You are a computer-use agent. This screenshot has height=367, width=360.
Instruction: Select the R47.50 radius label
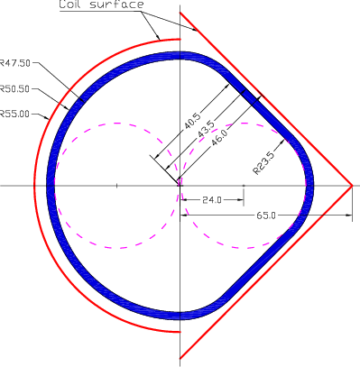coord(15,63)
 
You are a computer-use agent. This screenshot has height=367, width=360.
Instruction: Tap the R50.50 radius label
coord(15,88)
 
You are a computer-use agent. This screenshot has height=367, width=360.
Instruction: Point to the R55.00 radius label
coord(15,114)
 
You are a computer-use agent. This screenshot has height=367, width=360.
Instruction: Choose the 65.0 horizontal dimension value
coord(265,216)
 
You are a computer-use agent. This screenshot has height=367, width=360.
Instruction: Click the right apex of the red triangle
coord(352,187)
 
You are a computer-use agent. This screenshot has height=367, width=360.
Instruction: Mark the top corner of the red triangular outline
coord(180,13)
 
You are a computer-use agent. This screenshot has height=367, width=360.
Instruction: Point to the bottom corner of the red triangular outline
coord(180,360)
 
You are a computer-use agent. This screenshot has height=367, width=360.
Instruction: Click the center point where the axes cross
coord(180,187)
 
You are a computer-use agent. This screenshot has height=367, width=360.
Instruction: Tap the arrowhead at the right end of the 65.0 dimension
coord(347,214)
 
